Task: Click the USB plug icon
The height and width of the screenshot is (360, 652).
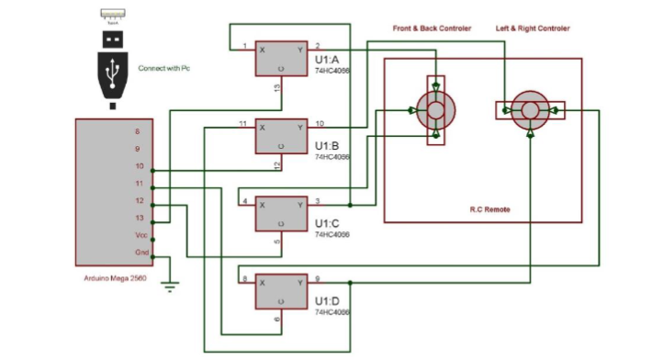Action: pyautogui.click(x=113, y=64)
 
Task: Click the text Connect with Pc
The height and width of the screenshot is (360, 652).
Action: pyautogui.click(x=169, y=69)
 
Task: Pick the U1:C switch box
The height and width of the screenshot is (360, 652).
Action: pyautogui.click(x=281, y=213)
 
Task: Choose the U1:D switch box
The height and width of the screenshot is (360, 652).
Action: pyautogui.click(x=281, y=291)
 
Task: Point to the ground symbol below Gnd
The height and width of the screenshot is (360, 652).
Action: pyautogui.click(x=169, y=286)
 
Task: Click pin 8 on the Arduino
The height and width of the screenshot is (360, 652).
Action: pyautogui.click(x=138, y=131)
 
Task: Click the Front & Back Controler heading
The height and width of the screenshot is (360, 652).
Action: pyautogui.click(x=432, y=29)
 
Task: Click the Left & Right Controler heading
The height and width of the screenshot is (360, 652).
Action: pyautogui.click(x=533, y=29)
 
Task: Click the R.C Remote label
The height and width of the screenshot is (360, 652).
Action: pyautogui.click(x=483, y=210)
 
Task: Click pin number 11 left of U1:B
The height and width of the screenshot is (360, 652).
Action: pyautogui.click(x=243, y=123)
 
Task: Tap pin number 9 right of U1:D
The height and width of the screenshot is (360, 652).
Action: pyautogui.click(x=317, y=278)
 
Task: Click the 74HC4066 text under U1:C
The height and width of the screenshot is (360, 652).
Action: pyautogui.click(x=332, y=235)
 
